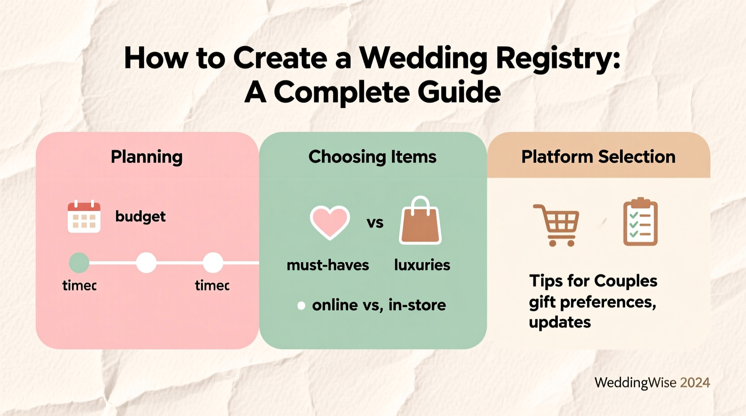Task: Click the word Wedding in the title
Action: pyautogui.click(x=423, y=58)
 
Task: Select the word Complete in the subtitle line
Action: pyautogui.click(x=341, y=93)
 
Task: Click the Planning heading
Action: pyautogui.click(x=147, y=157)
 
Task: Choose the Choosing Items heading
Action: pyautogui.click(x=372, y=157)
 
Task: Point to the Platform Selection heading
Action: pyautogui.click(x=598, y=157)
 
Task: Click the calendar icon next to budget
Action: pyautogui.click(x=84, y=217)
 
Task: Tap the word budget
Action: pyautogui.click(x=140, y=217)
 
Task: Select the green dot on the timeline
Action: pyautogui.click(x=79, y=263)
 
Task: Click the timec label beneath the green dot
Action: pyautogui.click(x=79, y=286)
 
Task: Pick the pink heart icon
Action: pyautogui.click(x=330, y=222)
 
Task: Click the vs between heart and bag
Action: pyautogui.click(x=375, y=223)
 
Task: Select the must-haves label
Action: pyautogui.click(x=328, y=265)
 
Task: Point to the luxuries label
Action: pyautogui.click(x=422, y=265)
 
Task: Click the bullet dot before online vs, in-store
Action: pyautogui.click(x=301, y=306)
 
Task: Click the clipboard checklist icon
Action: pyautogui.click(x=640, y=222)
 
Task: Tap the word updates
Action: pyautogui.click(x=559, y=322)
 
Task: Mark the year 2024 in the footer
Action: pyautogui.click(x=695, y=382)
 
